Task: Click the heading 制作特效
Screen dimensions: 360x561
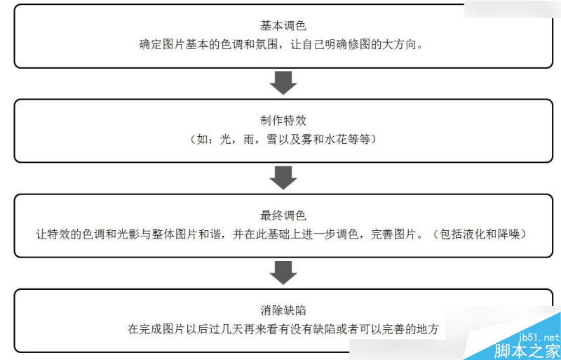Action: [x=283, y=120]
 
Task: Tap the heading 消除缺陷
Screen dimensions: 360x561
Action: [x=283, y=309]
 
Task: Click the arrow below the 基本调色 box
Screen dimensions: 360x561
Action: [x=283, y=82]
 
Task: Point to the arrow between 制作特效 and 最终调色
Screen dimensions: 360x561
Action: [x=283, y=178]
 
